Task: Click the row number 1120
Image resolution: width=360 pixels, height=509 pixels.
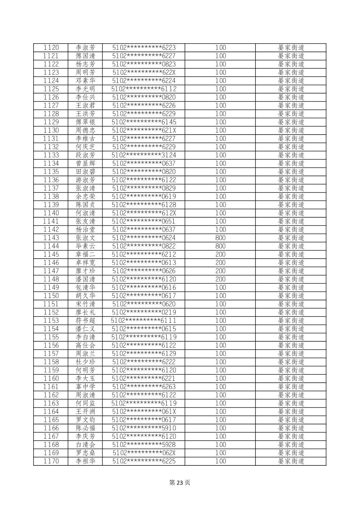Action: click(51, 48)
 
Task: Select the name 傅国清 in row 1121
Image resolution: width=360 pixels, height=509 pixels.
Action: click(85, 56)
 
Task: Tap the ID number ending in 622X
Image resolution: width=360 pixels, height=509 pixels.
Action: click(144, 72)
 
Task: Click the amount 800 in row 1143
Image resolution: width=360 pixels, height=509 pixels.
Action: click(220, 238)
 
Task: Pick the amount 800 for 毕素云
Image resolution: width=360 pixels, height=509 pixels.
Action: click(220, 246)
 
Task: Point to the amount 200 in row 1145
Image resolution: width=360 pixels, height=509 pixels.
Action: click(220, 254)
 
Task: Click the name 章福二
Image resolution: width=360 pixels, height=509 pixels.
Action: click(85, 254)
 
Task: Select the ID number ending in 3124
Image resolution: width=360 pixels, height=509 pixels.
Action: click(144, 155)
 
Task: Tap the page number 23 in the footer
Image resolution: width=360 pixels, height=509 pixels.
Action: click(180, 483)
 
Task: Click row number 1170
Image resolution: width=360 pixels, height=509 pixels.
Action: click(51, 461)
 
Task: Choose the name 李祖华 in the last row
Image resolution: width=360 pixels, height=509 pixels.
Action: click(85, 461)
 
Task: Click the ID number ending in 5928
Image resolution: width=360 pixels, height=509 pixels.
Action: click(144, 445)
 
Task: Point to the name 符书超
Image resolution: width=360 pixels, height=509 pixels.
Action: click(85, 320)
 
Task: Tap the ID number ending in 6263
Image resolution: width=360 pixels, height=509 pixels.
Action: click(144, 387)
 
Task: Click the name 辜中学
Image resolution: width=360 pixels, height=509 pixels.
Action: click(85, 387)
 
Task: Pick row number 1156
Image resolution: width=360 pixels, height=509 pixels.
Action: click(51, 345)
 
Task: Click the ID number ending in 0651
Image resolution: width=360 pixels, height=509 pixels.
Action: click(144, 221)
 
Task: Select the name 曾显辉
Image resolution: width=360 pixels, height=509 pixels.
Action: click(85, 163)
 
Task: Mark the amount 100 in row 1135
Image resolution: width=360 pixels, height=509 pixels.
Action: click(220, 172)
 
